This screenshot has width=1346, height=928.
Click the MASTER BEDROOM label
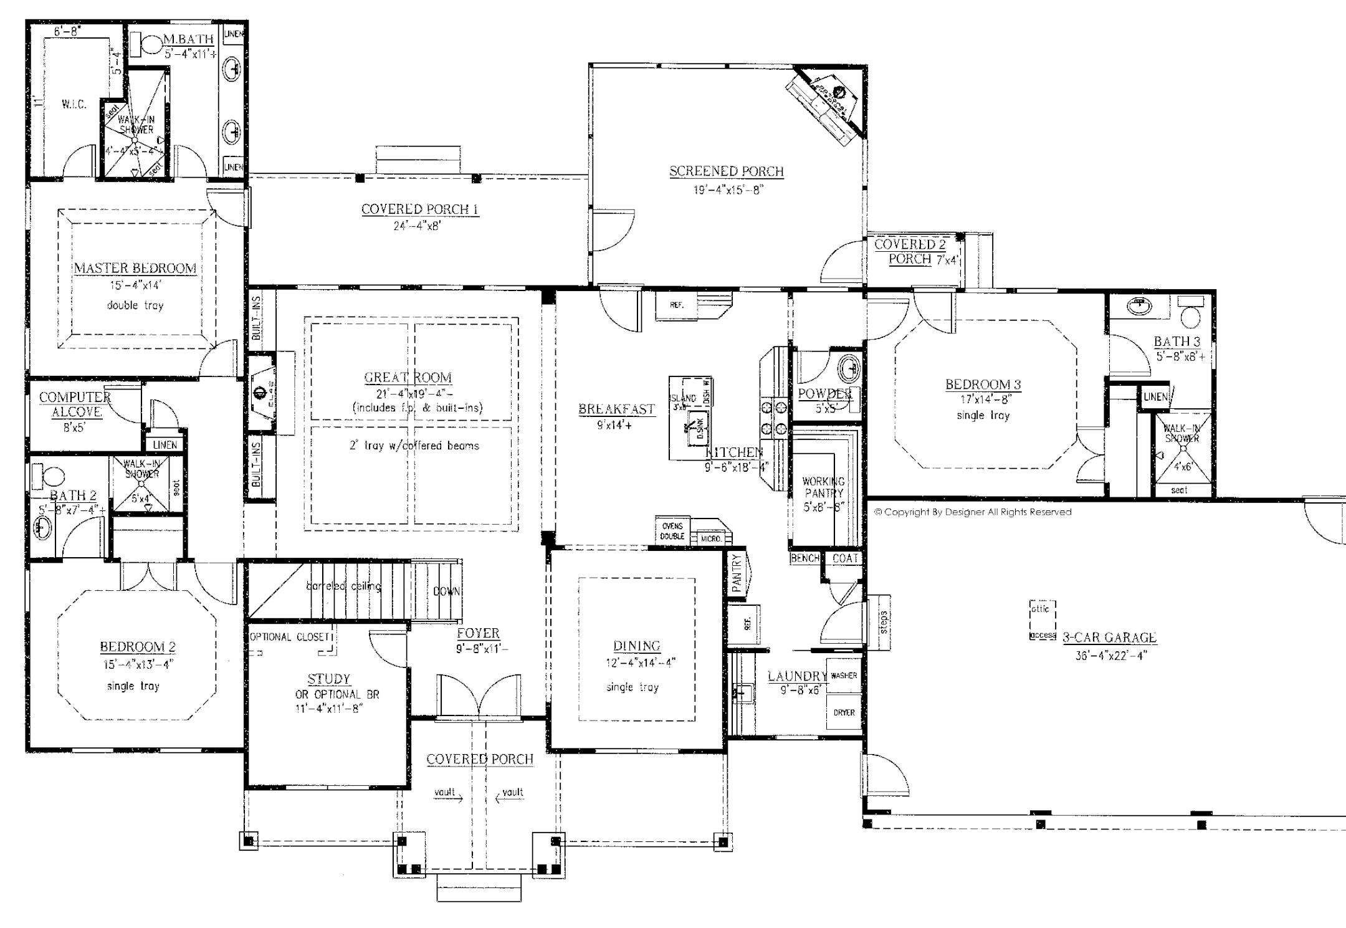pyautogui.click(x=135, y=268)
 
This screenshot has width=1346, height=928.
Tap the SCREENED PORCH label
pyautogui.click(x=726, y=171)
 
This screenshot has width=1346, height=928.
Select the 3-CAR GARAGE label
pyautogui.click(x=1109, y=637)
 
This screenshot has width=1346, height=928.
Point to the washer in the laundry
pyautogui.click(x=844, y=676)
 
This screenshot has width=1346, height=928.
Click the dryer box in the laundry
pyautogui.click(x=844, y=712)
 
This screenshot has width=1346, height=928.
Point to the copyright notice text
pyautogui.click(x=972, y=512)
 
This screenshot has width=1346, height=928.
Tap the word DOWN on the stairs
pyautogui.click(x=446, y=591)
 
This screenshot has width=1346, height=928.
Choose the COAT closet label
pyautogui.click(x=845, y=558)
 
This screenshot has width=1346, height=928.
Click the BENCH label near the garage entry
pyautogui.click(x=804, y=558)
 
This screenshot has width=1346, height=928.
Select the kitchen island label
pyautogui.click(x=682, y=401)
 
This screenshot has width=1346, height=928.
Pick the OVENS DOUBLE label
pyautogui.click(x=672, y=531)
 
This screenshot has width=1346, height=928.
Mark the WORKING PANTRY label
pyautogui.click(x=823, y=487)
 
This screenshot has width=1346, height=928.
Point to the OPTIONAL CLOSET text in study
pyautogui.click(x=289, y=637)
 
